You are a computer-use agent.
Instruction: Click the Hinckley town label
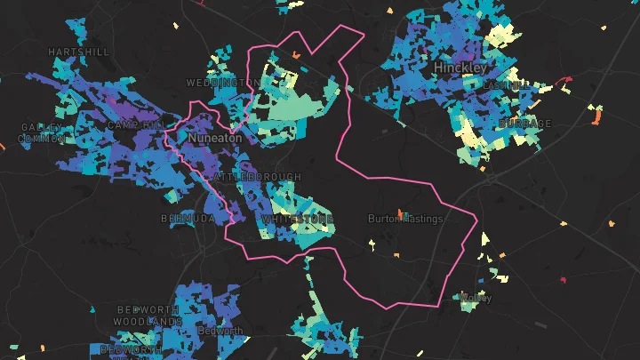point(460,68)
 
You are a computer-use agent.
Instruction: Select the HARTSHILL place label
point(79,52)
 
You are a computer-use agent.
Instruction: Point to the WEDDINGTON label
point(223,83)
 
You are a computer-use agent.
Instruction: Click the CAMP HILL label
point(135,125)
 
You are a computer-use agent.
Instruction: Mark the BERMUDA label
point(188,218)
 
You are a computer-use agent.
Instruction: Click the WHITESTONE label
point(298,219)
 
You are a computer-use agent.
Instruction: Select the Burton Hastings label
point(404,219)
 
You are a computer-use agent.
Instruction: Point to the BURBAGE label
point(525,124)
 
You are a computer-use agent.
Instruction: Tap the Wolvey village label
point(476,298)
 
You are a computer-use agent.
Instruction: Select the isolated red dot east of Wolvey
point(563,281)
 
